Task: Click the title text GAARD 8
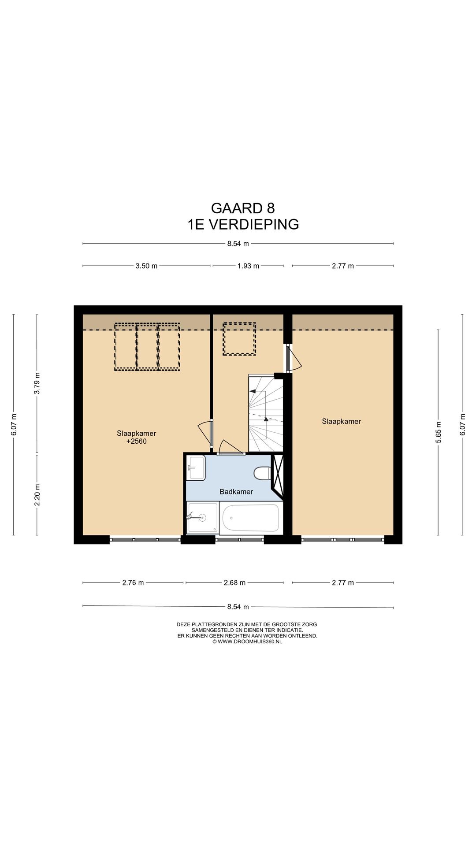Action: point(243,208)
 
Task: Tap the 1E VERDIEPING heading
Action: point(243,224)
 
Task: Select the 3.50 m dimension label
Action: point(146,266)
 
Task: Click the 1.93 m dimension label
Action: point(248,266)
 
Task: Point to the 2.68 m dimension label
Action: point(234,583)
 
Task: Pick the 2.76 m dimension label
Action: point(133,583)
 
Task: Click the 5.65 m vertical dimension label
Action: point(439,432)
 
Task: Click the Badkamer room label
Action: point(236,492)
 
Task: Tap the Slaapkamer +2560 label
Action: point(136,437)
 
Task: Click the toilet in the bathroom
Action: point(262,474)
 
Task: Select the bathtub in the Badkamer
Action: point(250,518)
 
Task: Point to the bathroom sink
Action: point(196,468)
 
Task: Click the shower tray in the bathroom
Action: point(202,518)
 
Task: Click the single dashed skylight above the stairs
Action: point(239,339)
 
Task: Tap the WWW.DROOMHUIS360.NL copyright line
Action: point(247,642)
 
